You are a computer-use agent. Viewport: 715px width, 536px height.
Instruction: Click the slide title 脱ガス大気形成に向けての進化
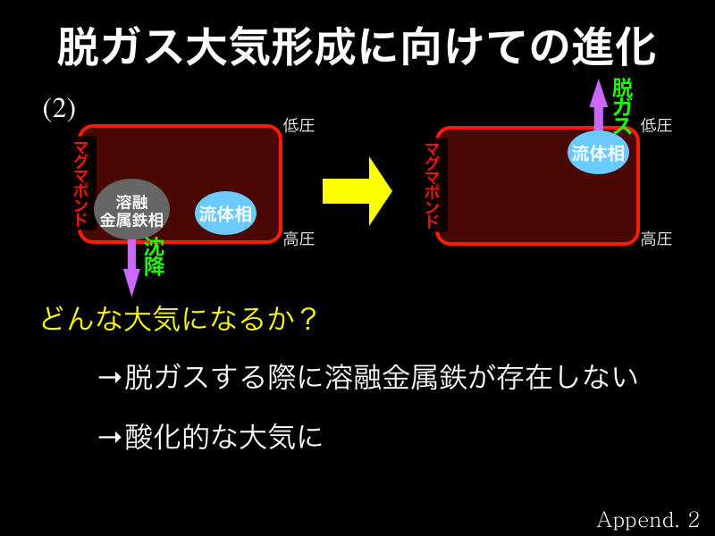[357, 46]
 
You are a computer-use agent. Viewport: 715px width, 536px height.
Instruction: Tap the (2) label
[59, 108]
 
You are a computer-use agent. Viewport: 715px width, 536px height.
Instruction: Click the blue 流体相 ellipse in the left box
[225, 214]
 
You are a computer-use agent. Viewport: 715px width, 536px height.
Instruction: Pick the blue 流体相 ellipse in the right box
[598, 152]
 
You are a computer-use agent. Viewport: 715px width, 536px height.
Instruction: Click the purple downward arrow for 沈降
[131, 265]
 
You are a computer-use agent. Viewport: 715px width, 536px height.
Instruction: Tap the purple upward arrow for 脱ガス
[598, 105]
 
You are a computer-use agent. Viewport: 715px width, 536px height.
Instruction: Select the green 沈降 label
[154, 255]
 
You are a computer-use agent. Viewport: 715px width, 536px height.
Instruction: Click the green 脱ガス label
[622, 106]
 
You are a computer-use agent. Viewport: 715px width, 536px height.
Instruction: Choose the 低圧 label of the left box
[299, 125]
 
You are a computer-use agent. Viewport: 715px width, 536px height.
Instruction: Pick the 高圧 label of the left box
[299, 239]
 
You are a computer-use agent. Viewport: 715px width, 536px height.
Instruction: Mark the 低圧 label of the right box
[657, 125]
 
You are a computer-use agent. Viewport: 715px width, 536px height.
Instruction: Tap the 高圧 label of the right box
[657, 239]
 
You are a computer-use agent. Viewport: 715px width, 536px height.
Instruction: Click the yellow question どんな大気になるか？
[179, 319]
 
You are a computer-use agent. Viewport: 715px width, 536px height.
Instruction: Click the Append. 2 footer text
[648, 519]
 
